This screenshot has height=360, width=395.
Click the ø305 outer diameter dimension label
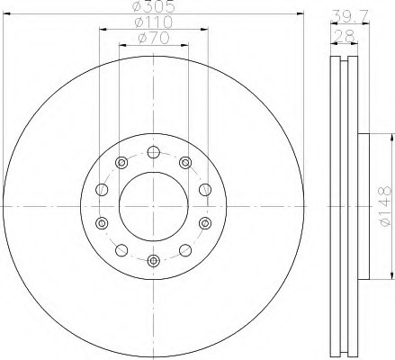(153, 8)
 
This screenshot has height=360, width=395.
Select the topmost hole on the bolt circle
(152, 149)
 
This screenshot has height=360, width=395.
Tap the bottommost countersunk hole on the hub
(152, 260)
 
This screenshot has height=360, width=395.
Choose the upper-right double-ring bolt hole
(184, 162)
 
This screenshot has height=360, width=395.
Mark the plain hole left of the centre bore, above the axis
(101, 189)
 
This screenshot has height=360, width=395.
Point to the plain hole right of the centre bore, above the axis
(204, 189)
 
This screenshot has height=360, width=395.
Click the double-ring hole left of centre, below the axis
(101, 221)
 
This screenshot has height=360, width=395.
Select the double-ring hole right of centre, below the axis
(204, 221)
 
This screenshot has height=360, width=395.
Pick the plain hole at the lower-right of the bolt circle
(184, 248)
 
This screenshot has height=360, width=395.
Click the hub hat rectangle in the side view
(364, 205)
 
